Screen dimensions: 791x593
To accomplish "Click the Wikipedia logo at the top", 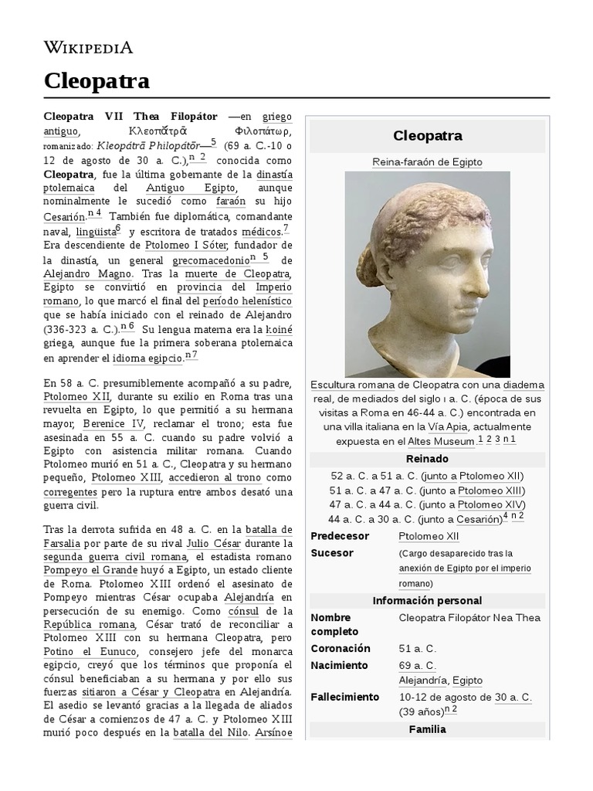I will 88,48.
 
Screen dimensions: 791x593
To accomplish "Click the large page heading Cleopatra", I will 97,81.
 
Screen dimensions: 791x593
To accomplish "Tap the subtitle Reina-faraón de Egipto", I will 427,162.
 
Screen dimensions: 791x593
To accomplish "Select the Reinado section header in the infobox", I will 427,459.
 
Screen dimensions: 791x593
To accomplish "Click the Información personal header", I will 427,600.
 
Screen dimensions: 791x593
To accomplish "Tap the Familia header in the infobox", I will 427,728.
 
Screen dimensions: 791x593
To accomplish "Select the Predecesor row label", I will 340,536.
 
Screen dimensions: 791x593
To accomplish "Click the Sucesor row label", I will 332,553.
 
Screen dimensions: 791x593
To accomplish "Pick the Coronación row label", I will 341,648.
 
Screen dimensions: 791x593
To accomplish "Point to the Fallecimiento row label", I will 345,697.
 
